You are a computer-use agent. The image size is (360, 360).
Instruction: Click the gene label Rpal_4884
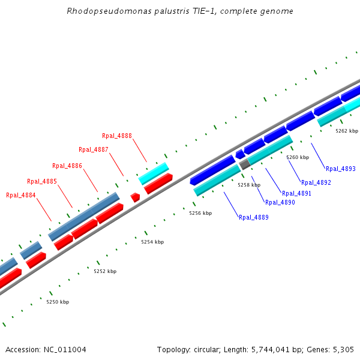click(21, 195)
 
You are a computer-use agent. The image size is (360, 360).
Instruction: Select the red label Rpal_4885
click(42, 181)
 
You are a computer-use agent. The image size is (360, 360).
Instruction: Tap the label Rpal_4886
click(67, 166)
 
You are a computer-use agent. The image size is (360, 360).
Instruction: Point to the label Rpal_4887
click(94, 149)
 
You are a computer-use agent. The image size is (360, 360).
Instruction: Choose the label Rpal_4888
click(117, 136)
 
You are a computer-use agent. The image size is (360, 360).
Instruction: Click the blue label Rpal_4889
click(253, 217)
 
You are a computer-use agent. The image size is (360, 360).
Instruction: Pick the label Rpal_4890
click(280, 202)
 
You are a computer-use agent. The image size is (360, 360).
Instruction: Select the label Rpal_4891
click(296, 193)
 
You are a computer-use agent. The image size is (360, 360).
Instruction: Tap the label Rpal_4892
click(316, 182)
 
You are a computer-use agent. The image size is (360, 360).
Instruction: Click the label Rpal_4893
click(340, 169)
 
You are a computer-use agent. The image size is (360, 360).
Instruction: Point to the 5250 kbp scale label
click(58, 302)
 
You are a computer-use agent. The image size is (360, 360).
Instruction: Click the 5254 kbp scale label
click(152, 242)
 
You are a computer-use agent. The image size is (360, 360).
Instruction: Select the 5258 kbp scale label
click(249, 185)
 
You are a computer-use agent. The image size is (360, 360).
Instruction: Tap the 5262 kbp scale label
click(347, 131)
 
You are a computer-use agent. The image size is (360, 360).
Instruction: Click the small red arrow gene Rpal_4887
click(136, 197)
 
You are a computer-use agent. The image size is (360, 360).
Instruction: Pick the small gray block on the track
click(244, 164)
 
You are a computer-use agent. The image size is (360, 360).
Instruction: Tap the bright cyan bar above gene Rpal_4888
click(154, 173)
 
